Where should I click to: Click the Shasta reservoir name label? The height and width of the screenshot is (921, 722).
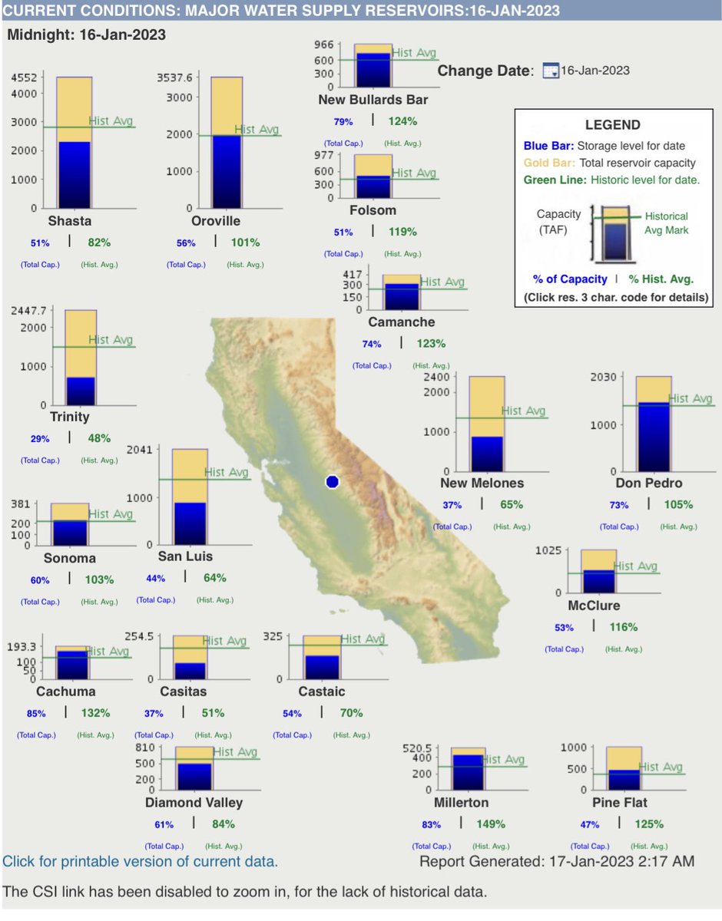point(70,221)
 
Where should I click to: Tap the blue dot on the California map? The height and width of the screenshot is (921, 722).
point(332,481)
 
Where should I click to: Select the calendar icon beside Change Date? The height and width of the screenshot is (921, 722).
point(550,71)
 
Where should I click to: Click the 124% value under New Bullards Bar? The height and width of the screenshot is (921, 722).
point(402,120)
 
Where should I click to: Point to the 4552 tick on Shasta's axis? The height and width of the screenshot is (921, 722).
point(25,77)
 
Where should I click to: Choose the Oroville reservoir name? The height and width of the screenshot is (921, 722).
point(216,221)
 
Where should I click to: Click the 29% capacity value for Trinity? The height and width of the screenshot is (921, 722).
point(40,438)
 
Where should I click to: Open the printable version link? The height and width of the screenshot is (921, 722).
point(140,861)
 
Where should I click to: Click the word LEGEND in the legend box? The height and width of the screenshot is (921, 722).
point(612,125)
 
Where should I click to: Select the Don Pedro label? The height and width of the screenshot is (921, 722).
point(649,483)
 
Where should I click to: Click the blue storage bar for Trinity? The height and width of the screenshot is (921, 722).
point(81,391)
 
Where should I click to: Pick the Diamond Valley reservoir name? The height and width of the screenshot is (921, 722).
point(194,803)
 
